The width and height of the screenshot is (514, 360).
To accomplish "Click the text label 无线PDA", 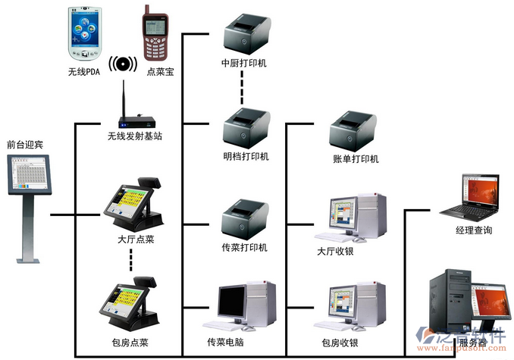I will pyautogui.click(x=84, y=72).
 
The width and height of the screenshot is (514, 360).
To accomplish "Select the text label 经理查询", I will pyautogui.click(x=474, y=230).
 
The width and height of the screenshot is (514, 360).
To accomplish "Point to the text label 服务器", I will pyautogui.click(x=473, y=343).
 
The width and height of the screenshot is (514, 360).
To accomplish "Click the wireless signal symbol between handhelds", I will pyautogui.click(x=121, y=64).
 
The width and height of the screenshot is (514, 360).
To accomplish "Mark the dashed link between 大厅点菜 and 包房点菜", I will pyautogui.click(x=130, y=260).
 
